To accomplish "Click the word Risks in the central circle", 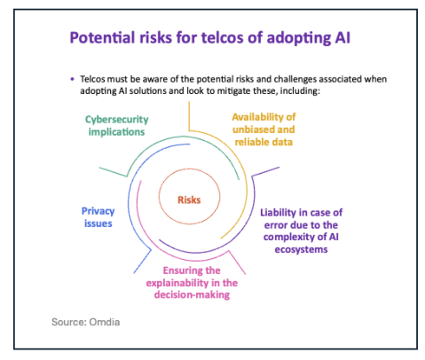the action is pyautogui.click(x=189, y=200).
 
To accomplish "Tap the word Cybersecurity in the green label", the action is pyautogui.click(x=117, y=120).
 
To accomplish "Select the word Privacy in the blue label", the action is pyautogui.click(x=98, y=211).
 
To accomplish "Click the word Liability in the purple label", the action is pyautogui.click(x=278, y=213).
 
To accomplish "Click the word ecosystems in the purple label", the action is pyautogui.click(x=301, y=249).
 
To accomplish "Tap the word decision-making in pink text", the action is pyautogui.click(x=192, y=295).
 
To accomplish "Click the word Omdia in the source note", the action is pyautogui.click(x=105, y=322).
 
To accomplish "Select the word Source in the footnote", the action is pyautogui.click(x=68, y=322).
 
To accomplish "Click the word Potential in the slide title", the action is pyautogui.click(x=102, y=37).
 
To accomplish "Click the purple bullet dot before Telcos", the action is pyautogui.click(x=73, y=79).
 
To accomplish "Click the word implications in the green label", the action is pyautogui.click(x=116, y=132).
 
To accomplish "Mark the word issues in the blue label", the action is pyautogui.click(x=98, y=223).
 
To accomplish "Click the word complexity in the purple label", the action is pyautogui.click(x=292, y=237).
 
